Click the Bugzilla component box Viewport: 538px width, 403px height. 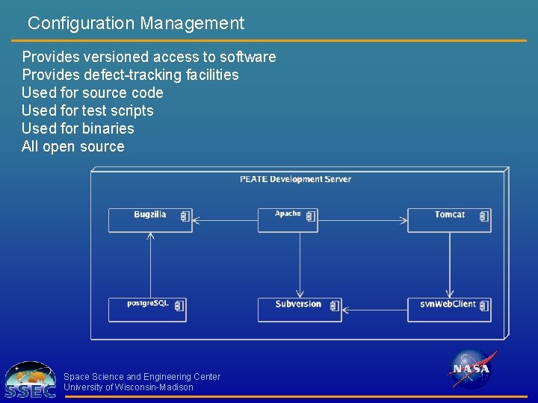(150, 220)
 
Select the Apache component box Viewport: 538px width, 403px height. (288, 219)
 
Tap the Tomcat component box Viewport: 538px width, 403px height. (449, 220)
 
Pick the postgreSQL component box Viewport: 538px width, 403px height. (147, 310)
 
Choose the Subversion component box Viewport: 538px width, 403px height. (300, 310)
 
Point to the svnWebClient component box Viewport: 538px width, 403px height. (449, 310)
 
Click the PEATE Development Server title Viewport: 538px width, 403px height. (295, 179)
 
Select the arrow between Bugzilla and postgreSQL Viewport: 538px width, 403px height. (150, 265)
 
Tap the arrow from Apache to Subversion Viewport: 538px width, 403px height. (300, 265)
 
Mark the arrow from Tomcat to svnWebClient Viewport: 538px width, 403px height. (450, 265)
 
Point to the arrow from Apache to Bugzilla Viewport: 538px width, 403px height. (224, 220)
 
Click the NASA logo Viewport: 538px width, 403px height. (471, 369)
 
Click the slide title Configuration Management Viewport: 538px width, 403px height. (136, 23)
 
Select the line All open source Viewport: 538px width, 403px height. (73, 146)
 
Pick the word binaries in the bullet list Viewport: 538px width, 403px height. (109, 128)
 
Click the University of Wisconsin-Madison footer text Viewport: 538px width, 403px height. (129, 387)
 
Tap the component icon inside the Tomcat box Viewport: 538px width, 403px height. (483, 216)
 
